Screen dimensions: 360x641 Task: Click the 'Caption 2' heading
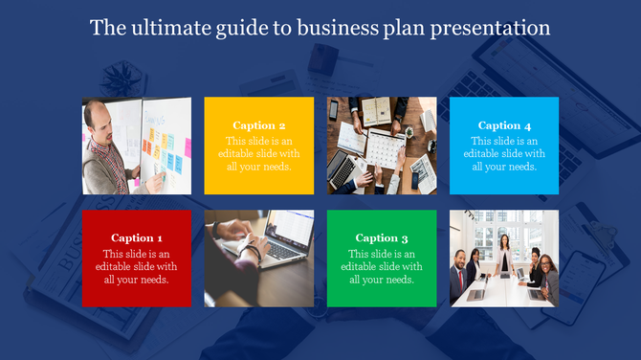pos(258,125)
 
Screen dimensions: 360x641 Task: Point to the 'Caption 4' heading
pos(504,125)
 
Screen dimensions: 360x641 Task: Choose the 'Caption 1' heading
pos(136,237)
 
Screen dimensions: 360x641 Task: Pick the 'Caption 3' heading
pos(382,237)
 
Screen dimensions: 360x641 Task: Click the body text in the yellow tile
pos(258,153)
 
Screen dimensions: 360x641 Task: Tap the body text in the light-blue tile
pos(504,153)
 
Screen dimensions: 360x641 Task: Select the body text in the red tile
pos(136,266)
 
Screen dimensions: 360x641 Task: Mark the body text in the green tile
pos(382,266)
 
